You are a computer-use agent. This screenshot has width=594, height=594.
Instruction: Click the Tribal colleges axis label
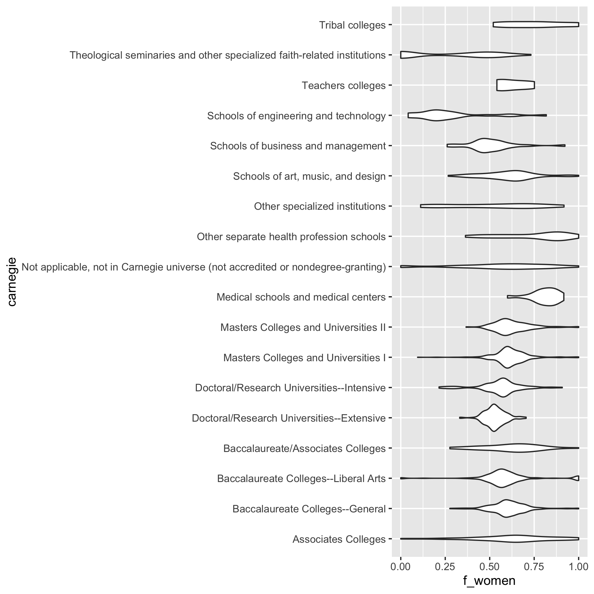[352, 25]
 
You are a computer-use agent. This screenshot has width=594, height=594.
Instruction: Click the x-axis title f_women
[489, 580]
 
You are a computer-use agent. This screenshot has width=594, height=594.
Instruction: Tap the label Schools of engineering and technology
[296, 116]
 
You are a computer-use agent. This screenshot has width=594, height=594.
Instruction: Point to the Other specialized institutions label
[319, 206]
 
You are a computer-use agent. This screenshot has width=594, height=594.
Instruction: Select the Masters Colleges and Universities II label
[303, 327]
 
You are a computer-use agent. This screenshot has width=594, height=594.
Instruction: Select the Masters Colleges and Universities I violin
[507, 357]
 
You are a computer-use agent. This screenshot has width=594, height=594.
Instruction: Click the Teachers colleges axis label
[344, 85]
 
